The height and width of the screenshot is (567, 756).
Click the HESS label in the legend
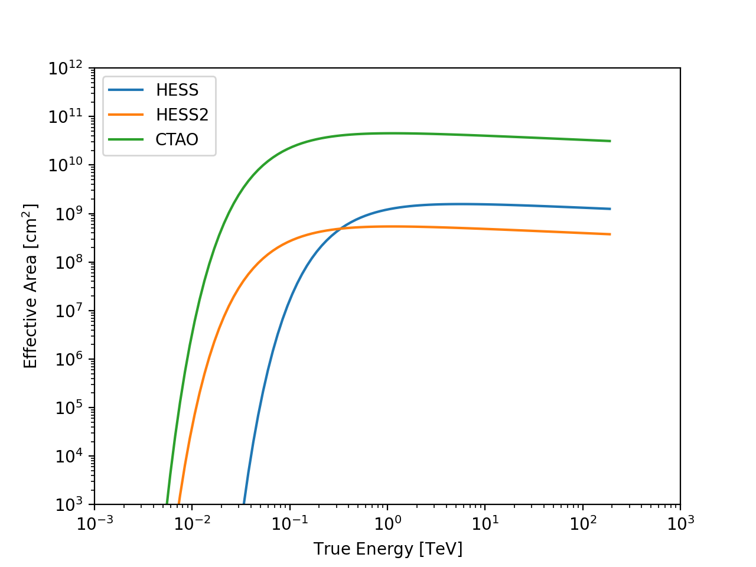click(x=177, y=90)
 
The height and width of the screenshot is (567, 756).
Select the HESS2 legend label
click(x=182, y=115)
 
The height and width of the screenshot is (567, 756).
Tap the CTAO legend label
click(x=177, y=140)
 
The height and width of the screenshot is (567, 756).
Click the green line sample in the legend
click(x=126, y=140)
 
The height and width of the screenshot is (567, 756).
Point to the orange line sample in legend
click(x=126, y=115)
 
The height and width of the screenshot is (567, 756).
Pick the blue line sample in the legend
click(x=126, y=90)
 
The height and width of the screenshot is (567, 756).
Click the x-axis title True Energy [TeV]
click(x=387, y=549)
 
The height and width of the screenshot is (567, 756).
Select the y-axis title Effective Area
click(x=31, y=286)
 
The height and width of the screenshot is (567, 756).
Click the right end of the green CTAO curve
click(x=610, y=141)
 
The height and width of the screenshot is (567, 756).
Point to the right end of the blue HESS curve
click(x=610, y=209)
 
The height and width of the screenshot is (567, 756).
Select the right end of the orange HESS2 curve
click(x=610, y=234)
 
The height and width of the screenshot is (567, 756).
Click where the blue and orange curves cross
click(x=340, y=229)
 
